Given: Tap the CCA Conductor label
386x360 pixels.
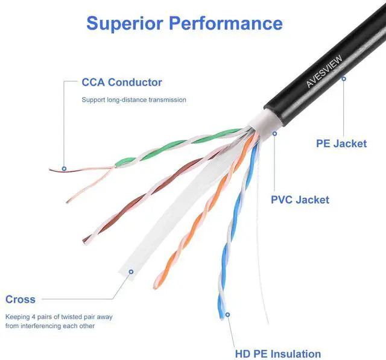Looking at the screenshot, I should click(x=122, y=83).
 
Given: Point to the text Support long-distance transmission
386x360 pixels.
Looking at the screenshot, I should click(x=134, y=99).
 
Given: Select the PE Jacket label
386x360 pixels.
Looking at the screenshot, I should click(x=341, y=144).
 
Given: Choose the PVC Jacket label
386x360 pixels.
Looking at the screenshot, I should click(x=300, y=199).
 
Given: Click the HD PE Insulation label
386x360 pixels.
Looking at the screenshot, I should click(x=277, y=354).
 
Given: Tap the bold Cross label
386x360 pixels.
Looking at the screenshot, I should click(x=21, y=299).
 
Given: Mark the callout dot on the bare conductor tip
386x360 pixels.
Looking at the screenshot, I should click(x=64, y=169).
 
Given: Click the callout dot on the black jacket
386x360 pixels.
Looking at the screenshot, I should click(x=344, y=78).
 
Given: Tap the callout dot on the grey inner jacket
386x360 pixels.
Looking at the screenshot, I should click(x=274, y=133).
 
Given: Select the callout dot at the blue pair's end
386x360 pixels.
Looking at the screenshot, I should click(x=228, y=314).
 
